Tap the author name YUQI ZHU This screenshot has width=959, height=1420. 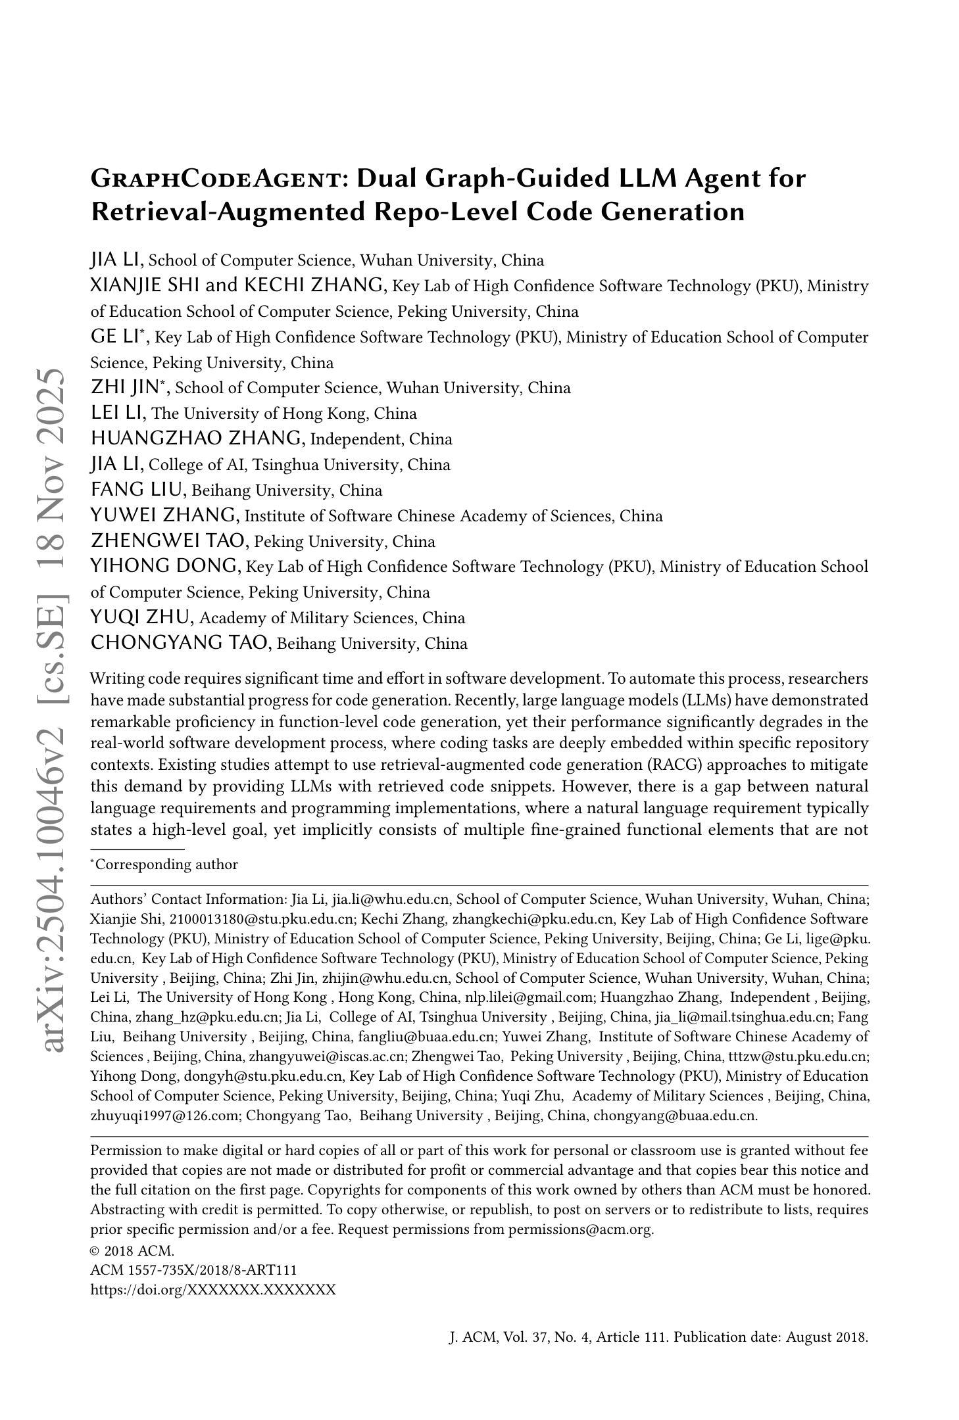(x=142, y=617)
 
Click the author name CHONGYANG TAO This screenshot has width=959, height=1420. (x=181, y=643)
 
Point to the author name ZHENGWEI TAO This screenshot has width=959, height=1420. (x=170, y=541)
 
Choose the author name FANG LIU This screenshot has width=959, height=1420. (x=139, y=490)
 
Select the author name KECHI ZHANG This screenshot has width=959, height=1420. (x=314, y=285)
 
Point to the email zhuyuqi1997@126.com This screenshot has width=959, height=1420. (x=166, y=1116)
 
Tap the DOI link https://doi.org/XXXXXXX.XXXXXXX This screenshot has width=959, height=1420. (x=213, y=1289)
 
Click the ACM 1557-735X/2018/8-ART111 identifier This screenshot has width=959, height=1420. (x=193, y=1270)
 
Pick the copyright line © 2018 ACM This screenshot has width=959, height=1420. (x=132, y=1250)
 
